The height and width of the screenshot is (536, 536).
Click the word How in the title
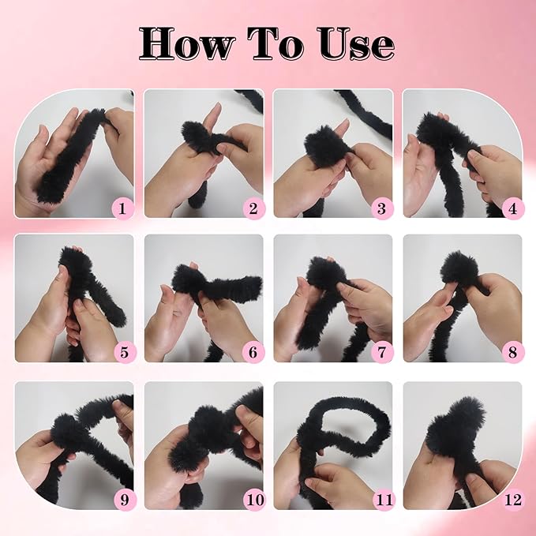(x=188, y=43)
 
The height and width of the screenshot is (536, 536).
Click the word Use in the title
(x=357, y=43)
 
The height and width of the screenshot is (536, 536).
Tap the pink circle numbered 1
(x=123, y=208)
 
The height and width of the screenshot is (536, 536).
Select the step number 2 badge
(x=253, y=208)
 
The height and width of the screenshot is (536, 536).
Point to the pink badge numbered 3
(x=383, y=208)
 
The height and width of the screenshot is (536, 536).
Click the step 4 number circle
(x=512, y=208)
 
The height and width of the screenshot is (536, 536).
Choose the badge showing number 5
(x=125, y=352)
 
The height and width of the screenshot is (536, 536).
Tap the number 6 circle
(x=253, y=352)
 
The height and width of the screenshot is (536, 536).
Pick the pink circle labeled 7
(x=383, y=352)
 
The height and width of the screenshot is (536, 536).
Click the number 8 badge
(x=512, y=352)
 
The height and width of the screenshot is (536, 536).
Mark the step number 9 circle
(x=125, y=500)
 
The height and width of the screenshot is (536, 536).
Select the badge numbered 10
(x=255, y=500)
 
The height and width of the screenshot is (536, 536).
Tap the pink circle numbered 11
(x=384, y=500)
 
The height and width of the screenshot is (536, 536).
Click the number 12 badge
(x=513, y=500)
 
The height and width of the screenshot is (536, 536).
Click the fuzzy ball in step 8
(x=456, y=268)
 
